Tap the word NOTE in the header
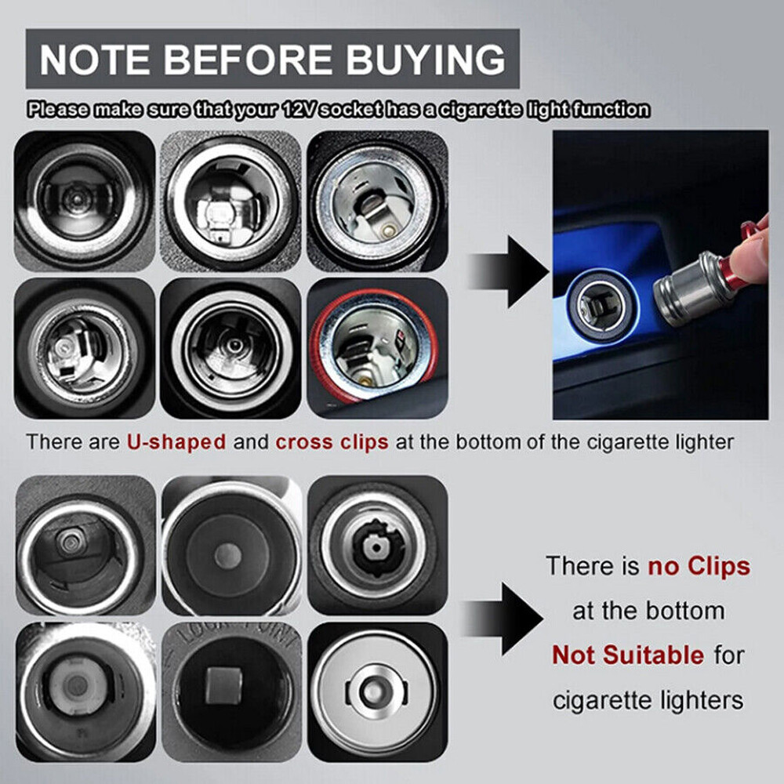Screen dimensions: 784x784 [x=93, y=60]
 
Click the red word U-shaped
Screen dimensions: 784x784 [x=176, y=442]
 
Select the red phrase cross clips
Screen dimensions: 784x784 [x=332, y=442]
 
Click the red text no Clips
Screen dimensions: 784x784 [x=699, y=565]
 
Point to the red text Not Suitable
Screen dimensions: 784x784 [x=628, y=654]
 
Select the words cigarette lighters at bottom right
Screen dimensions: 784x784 [x=648, y=699]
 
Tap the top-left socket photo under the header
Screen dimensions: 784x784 [x=85, y=199]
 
